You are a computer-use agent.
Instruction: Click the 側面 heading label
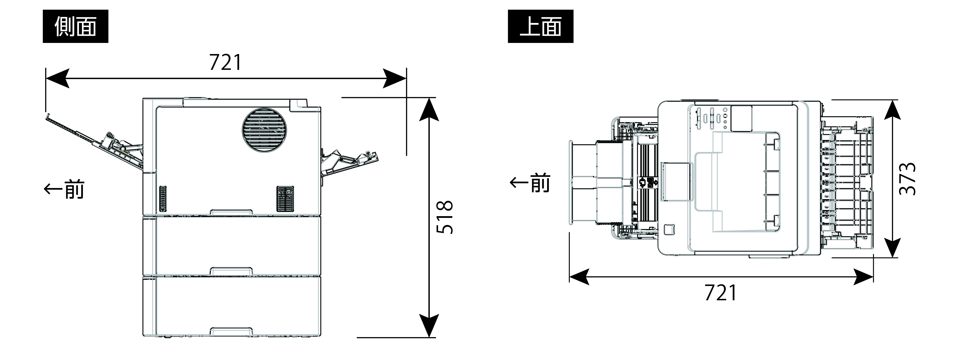click(x=75, y=26)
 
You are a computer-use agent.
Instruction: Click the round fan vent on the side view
click(x=265, y=130)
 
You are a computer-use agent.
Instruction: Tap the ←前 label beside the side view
click(x=64, y=189)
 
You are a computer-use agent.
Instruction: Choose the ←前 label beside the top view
click(x=530, y=183)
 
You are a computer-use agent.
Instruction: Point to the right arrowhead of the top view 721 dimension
click(x=863, y=277)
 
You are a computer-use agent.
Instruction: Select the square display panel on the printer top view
click(x=741, y=118)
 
